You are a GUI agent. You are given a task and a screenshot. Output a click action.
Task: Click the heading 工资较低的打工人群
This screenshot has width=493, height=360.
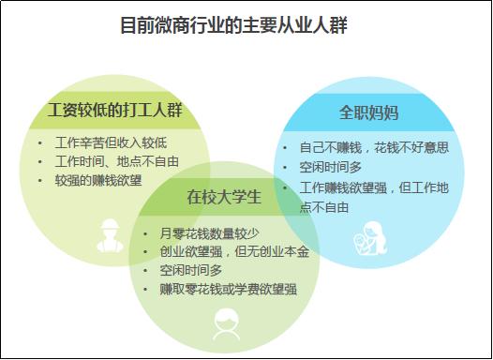click(x=115, y=111)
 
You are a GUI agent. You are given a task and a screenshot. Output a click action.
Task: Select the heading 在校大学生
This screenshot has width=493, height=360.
click(x=223, y=198)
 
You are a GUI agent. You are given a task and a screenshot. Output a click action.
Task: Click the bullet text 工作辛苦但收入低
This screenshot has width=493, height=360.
click(x=111, y=142)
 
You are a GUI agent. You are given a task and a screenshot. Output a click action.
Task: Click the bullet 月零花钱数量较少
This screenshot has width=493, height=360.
click(x=207, y=233)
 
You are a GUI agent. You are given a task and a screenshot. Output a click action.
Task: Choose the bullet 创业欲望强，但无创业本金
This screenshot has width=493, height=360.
click(x=232, y=251)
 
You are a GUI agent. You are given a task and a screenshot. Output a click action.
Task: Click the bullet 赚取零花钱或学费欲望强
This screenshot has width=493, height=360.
click(x=228, y=289)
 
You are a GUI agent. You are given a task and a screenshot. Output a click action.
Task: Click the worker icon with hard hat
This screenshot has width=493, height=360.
click(x=110, y=235)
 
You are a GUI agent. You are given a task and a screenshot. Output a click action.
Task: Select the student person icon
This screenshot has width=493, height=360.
click(x=226, y=323)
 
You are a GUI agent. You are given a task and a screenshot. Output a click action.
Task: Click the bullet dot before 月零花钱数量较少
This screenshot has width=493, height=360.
click(x=144, y=233)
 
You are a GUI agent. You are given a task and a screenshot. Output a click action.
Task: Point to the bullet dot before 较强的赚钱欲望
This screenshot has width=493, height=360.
click(x=40, y=178)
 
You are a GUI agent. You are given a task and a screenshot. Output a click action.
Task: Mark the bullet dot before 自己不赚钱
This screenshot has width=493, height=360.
click(x=285, y=148)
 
